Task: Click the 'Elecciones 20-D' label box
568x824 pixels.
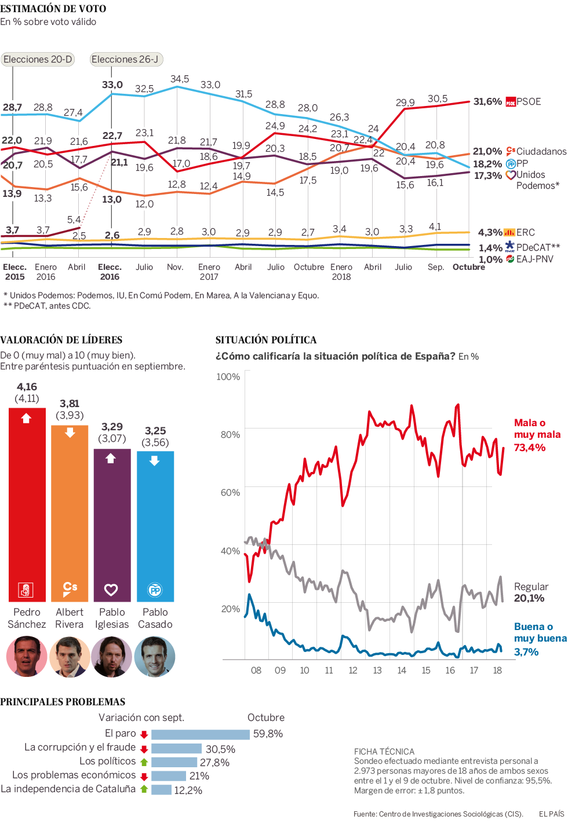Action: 38,59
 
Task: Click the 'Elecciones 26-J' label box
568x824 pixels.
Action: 125,59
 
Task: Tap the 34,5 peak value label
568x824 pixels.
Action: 180,79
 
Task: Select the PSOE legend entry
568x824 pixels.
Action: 523,102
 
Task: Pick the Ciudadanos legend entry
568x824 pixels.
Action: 536,151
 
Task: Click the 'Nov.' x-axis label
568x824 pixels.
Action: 175,267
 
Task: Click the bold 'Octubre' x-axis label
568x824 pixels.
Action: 468,267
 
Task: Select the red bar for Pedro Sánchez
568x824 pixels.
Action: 27,504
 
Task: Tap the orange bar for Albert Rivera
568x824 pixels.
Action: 70,512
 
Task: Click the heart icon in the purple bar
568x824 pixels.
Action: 111,589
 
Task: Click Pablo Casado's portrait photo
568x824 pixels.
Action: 155,657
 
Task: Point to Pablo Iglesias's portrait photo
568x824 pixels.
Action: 112,657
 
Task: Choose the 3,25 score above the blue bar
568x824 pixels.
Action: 155,431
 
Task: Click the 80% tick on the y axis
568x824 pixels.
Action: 230,434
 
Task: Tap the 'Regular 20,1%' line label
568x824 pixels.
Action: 530,592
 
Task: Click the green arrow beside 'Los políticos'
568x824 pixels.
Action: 144,762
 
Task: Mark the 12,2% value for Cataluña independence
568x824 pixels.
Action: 188,790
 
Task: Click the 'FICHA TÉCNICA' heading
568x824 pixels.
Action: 384,752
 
